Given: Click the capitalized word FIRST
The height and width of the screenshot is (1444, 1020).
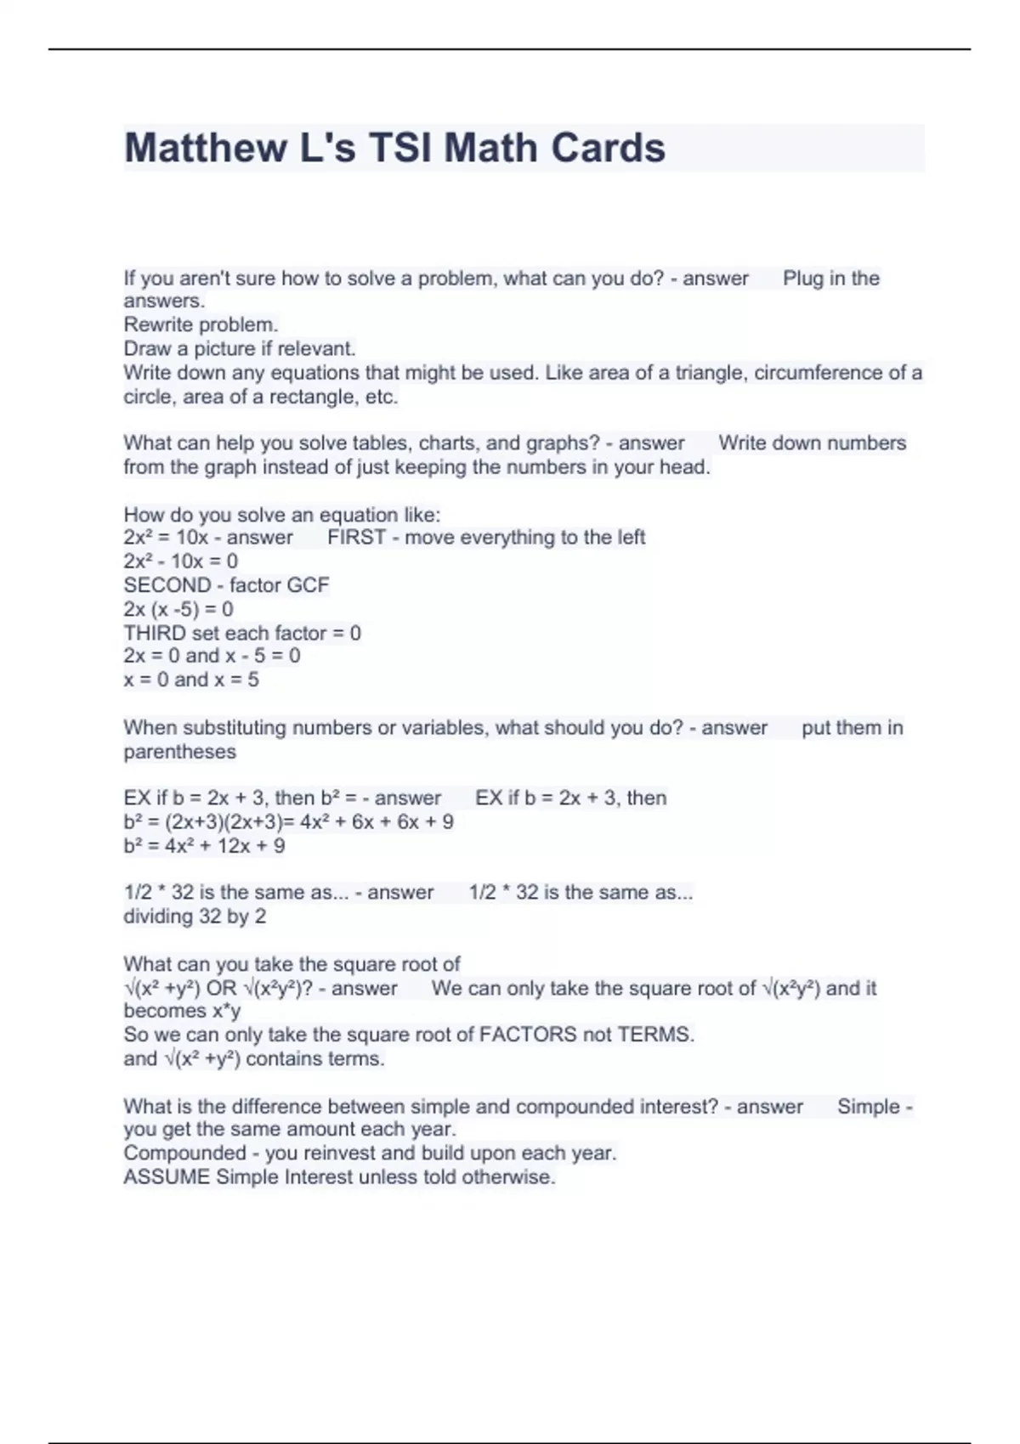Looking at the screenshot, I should [356, 538].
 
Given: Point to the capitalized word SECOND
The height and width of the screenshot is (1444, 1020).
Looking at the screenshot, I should [167, 585].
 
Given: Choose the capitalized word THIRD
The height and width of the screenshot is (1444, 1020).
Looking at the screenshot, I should [155, 633].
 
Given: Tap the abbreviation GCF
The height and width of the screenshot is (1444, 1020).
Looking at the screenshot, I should [309, 585].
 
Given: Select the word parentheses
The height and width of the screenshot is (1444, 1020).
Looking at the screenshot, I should [179, 752].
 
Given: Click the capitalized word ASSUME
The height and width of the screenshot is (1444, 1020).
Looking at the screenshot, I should [166, 1177].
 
